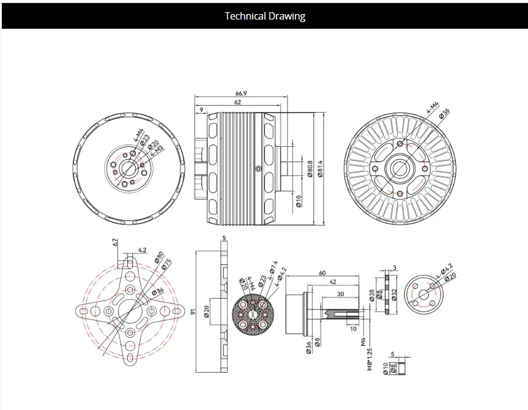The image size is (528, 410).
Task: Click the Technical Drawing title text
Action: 264,16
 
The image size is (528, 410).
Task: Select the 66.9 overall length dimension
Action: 241,93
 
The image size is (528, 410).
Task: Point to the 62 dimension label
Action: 237,102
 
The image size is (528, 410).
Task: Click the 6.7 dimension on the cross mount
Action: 115,243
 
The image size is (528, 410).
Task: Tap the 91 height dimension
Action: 193,311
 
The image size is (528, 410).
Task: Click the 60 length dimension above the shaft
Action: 322,273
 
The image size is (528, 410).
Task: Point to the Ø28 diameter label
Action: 371,296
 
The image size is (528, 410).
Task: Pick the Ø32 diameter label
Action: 395,295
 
